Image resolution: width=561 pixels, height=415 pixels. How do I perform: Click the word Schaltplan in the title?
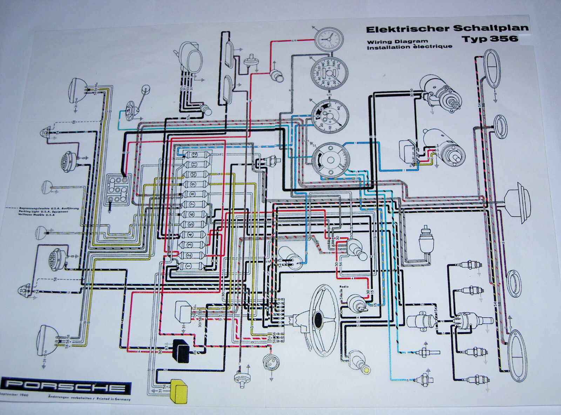(491, 28)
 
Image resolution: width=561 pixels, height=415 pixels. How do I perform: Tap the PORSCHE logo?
(67, 387)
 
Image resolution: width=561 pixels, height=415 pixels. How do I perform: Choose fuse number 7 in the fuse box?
(192, 204)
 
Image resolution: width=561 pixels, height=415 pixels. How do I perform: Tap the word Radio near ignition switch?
(344, 287)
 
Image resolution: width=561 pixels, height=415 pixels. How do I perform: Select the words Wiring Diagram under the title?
(387, 41)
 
